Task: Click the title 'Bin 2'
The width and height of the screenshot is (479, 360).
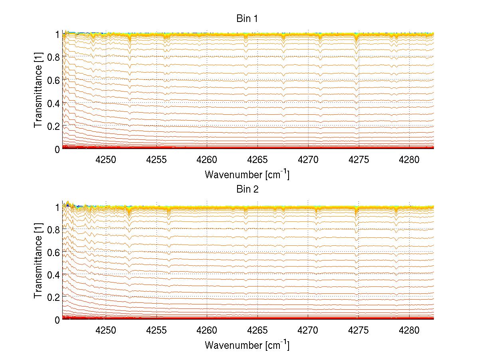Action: pos(247,189)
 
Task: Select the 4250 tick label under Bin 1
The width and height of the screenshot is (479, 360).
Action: pos(106,160)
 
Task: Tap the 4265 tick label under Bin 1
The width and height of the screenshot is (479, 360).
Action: pos(257,160)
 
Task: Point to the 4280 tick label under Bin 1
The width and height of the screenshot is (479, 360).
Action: pos(409,160)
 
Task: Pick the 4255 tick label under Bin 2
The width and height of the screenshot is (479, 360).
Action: pos(156,331)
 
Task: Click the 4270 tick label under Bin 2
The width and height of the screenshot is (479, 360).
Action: pos(308,331)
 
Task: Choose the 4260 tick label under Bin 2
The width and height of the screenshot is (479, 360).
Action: pos(207,331)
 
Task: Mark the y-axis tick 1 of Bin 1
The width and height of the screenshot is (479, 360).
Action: pos(57,34)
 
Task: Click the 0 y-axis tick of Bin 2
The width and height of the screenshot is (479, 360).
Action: pos(57,320)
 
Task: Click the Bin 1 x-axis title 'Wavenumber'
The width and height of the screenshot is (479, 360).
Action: pos(247,175)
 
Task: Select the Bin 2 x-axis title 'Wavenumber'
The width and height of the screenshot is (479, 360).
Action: pos(247,345)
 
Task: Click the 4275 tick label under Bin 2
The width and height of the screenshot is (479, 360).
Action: pos(358,331)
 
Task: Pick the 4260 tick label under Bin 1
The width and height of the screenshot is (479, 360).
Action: pos(207,160)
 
